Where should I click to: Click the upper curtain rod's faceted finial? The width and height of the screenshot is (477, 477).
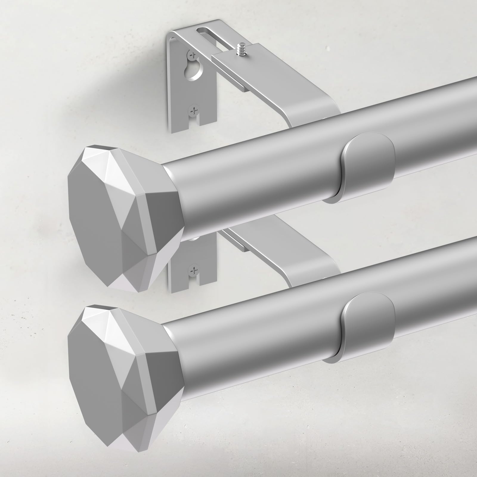[x=125, y=203]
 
